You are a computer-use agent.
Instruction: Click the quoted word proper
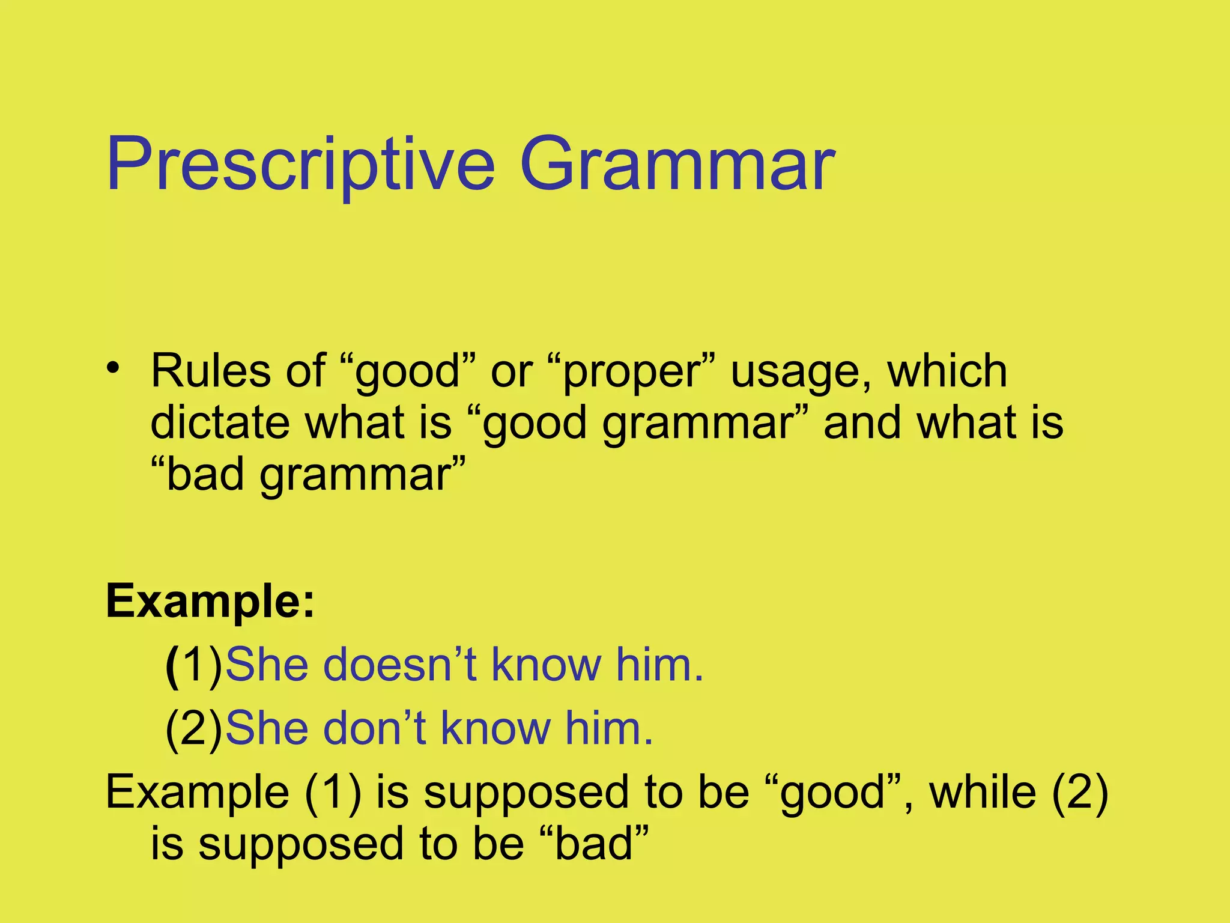click(631, 372)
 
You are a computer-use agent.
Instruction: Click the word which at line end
click(947, 371)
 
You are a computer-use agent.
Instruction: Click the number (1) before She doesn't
click(194, 666)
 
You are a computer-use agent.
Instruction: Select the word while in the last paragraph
click(983, 792)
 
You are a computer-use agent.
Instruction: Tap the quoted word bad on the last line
click(595, 844)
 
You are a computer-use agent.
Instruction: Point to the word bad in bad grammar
click(204, 475)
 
